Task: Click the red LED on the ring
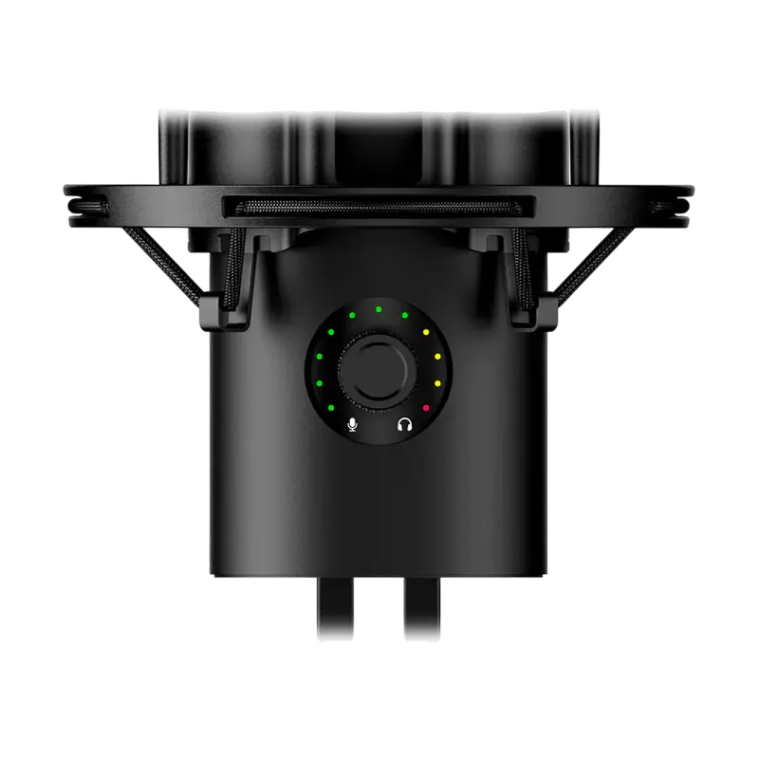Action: click(426, 408)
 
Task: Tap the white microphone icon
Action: click(352, 425)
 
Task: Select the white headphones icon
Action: click(405, 425)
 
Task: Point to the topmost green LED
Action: click(378, 308)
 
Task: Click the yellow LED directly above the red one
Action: click(437, 383)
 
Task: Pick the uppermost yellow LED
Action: click(426, 333)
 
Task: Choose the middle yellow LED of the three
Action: click(437, 357)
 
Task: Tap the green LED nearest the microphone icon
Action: click(330, 408)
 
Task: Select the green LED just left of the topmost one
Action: click(351, 314)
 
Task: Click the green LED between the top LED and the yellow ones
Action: click(405, 314)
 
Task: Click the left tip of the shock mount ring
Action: click(67, 201)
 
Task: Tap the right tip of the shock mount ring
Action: click(691, 201)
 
